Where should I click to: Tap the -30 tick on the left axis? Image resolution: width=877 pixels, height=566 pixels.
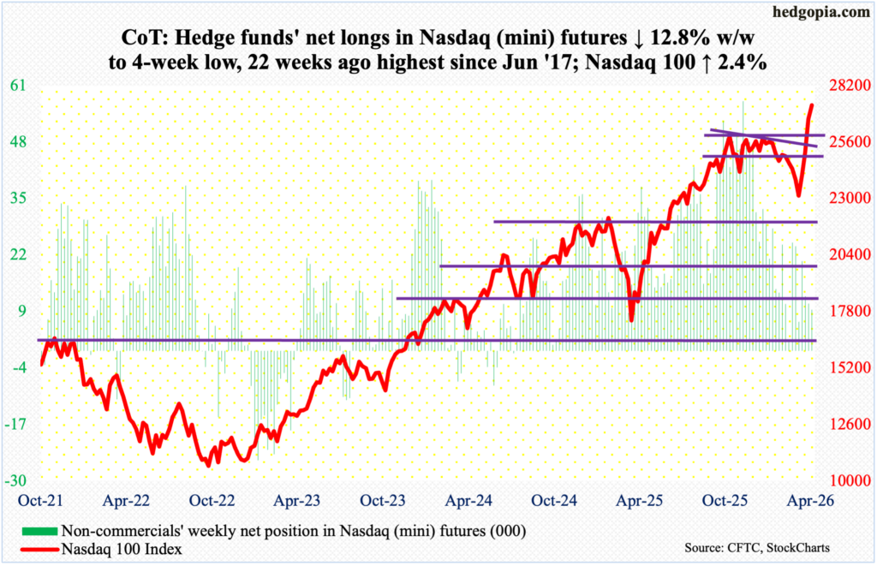click(x=19, y=481)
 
